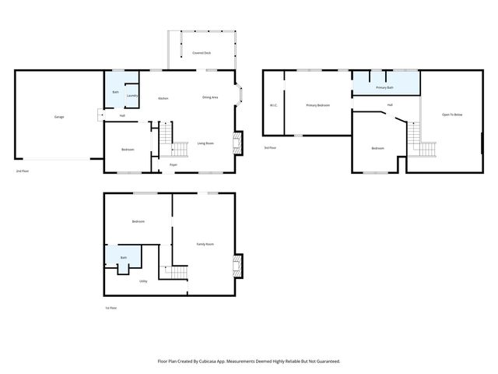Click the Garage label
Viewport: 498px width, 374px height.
(59, 117)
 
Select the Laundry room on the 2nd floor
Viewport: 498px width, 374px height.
(132, 96)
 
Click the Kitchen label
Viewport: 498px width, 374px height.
(163, 98)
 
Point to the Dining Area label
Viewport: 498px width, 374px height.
(210, 97)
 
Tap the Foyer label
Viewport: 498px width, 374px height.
(174, 164)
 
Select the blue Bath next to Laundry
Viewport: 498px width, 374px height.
(115, 92)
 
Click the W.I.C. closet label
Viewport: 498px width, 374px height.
(274, 105)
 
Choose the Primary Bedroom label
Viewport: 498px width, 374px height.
(318, 105)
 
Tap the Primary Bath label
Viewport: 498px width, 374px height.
(385, 88)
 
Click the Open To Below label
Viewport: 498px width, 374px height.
(452, 115)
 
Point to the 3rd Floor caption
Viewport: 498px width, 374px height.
(270, 147)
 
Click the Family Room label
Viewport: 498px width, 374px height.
(205, 244)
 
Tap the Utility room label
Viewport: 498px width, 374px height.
(144, 280)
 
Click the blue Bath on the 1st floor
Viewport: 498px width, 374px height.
(123, 257)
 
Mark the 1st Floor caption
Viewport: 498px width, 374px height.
(112, 308)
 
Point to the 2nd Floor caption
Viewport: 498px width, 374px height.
(23, 171)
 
